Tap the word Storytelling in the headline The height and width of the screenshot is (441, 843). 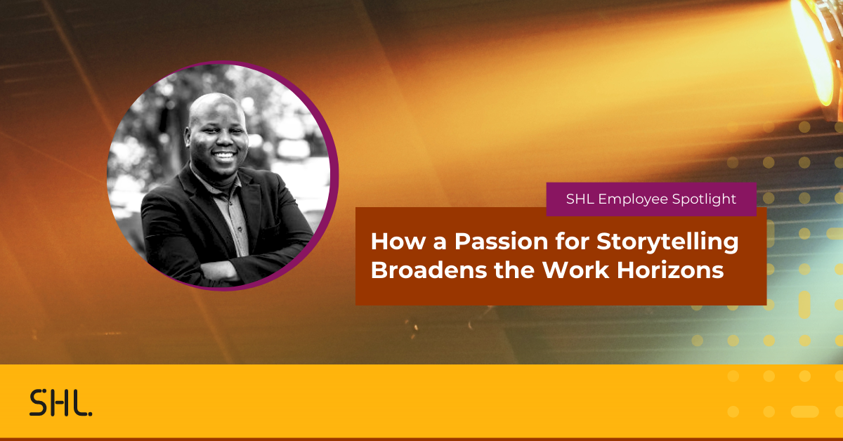tap(667, 242)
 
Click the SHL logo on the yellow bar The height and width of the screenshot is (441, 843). tap(60, 403)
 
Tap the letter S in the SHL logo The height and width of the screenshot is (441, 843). tap(38, 403)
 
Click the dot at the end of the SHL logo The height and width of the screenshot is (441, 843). tap(90, 413)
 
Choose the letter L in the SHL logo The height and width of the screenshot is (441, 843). tap(79, 403)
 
